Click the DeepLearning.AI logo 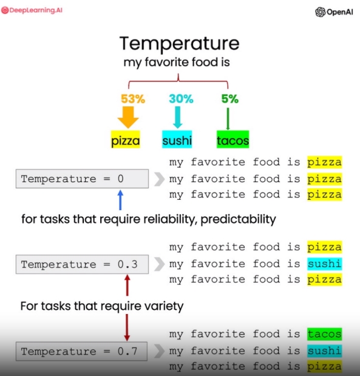pyautogui.click(x=32, y=10)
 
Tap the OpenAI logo pyautogui.click(x=334, y=12)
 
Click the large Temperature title pyautogui.click(x=180, y=43)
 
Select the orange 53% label pyautogui.click(x=133, y=98)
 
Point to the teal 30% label pyautogui.click(x=181, y=98)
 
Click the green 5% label pyautogui.click(x=230, y=98)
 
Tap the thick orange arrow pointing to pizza pyautogui.click(x=128, y=117)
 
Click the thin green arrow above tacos pyautogui.click(x=228, y=118)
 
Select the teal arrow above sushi pyautogui.click(x=178, y=117)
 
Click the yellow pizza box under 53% pyautogui.click(x=126, y=139)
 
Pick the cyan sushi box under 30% pyautogui.click(x=177, y=139)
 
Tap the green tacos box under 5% pyautogui.click(x=233, y=139)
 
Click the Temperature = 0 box pyautogui.click(x=82, y=179)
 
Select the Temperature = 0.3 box pyautogui.click(x=82, y=264)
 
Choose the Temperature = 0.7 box pyautogui.click(x=82, y=351)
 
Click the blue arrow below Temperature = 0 pyautogui.click(x=120, y=200)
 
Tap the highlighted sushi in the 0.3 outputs pyautogui.click(x=325, y=264)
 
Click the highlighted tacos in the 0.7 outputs pyautogui.click(x=325, y=334)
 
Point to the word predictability pyautogui.click(x=238, y=219)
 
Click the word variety pyautogui.click(x=164, y=306)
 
